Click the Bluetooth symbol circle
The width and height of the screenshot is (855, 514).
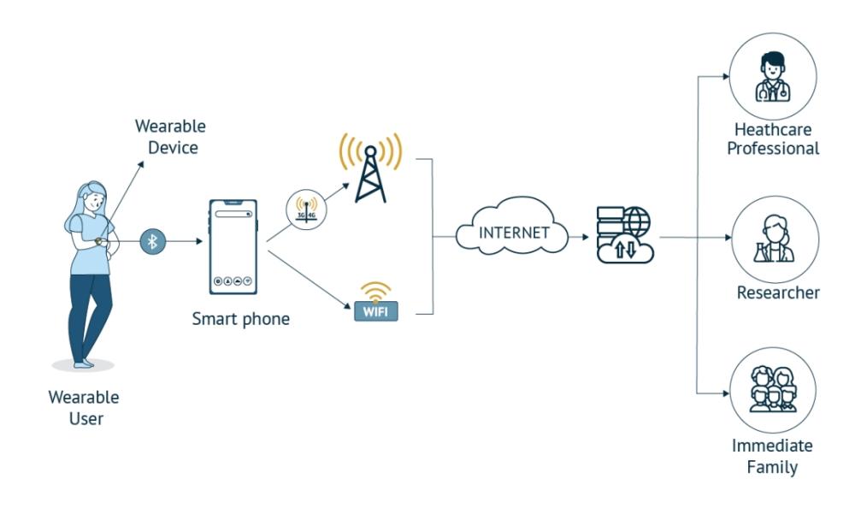(153, 242)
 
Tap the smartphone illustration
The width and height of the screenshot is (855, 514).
(233, 246)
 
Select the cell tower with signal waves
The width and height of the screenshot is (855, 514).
(370, 167)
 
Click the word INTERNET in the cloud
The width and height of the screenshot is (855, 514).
(514, 233)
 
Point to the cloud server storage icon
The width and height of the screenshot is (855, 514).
(624, 233)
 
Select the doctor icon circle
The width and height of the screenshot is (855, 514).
(772, 76)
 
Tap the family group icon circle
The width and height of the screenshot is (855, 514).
(773, 391)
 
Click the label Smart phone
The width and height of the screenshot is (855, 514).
(240, 319)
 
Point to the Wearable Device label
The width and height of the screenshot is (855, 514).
(171, 137)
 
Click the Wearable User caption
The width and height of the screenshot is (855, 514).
(84, 408)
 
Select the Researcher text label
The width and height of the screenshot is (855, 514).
(778, 292)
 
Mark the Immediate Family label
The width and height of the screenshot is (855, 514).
(772, 456)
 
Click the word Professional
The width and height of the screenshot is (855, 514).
(773, 149)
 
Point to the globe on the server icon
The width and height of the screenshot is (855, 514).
(636, 222)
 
